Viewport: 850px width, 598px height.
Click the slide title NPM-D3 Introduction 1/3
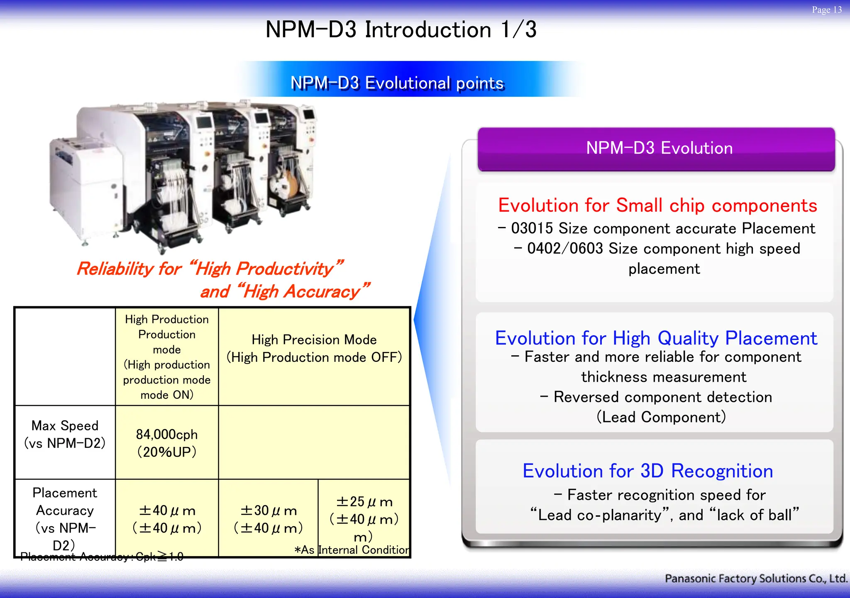(x=401, y=30)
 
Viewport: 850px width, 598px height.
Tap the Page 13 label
(x=826, y=10)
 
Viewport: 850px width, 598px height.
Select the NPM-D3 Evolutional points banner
(x=397, y=83)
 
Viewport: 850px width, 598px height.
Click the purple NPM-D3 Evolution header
(x=659, y=149)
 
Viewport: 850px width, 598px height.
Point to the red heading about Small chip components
(x=657, y=205)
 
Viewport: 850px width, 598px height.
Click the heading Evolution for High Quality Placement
(x=656, y=338)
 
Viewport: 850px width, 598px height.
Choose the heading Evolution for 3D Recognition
(x=647, y=471)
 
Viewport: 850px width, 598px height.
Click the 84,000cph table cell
(x=167, y=442)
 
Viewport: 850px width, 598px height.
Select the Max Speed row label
(x=65, y=434)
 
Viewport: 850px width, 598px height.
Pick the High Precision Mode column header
(x=314, y=348)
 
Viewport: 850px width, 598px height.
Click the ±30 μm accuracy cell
(x=269, y=519)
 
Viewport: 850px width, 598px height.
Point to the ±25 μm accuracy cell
(x=364, y=510)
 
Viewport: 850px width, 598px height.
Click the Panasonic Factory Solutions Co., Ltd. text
(x=755, y=578)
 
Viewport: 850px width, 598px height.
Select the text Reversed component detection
(x=662, y=397)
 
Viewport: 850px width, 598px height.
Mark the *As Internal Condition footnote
(x=352, y=550)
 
